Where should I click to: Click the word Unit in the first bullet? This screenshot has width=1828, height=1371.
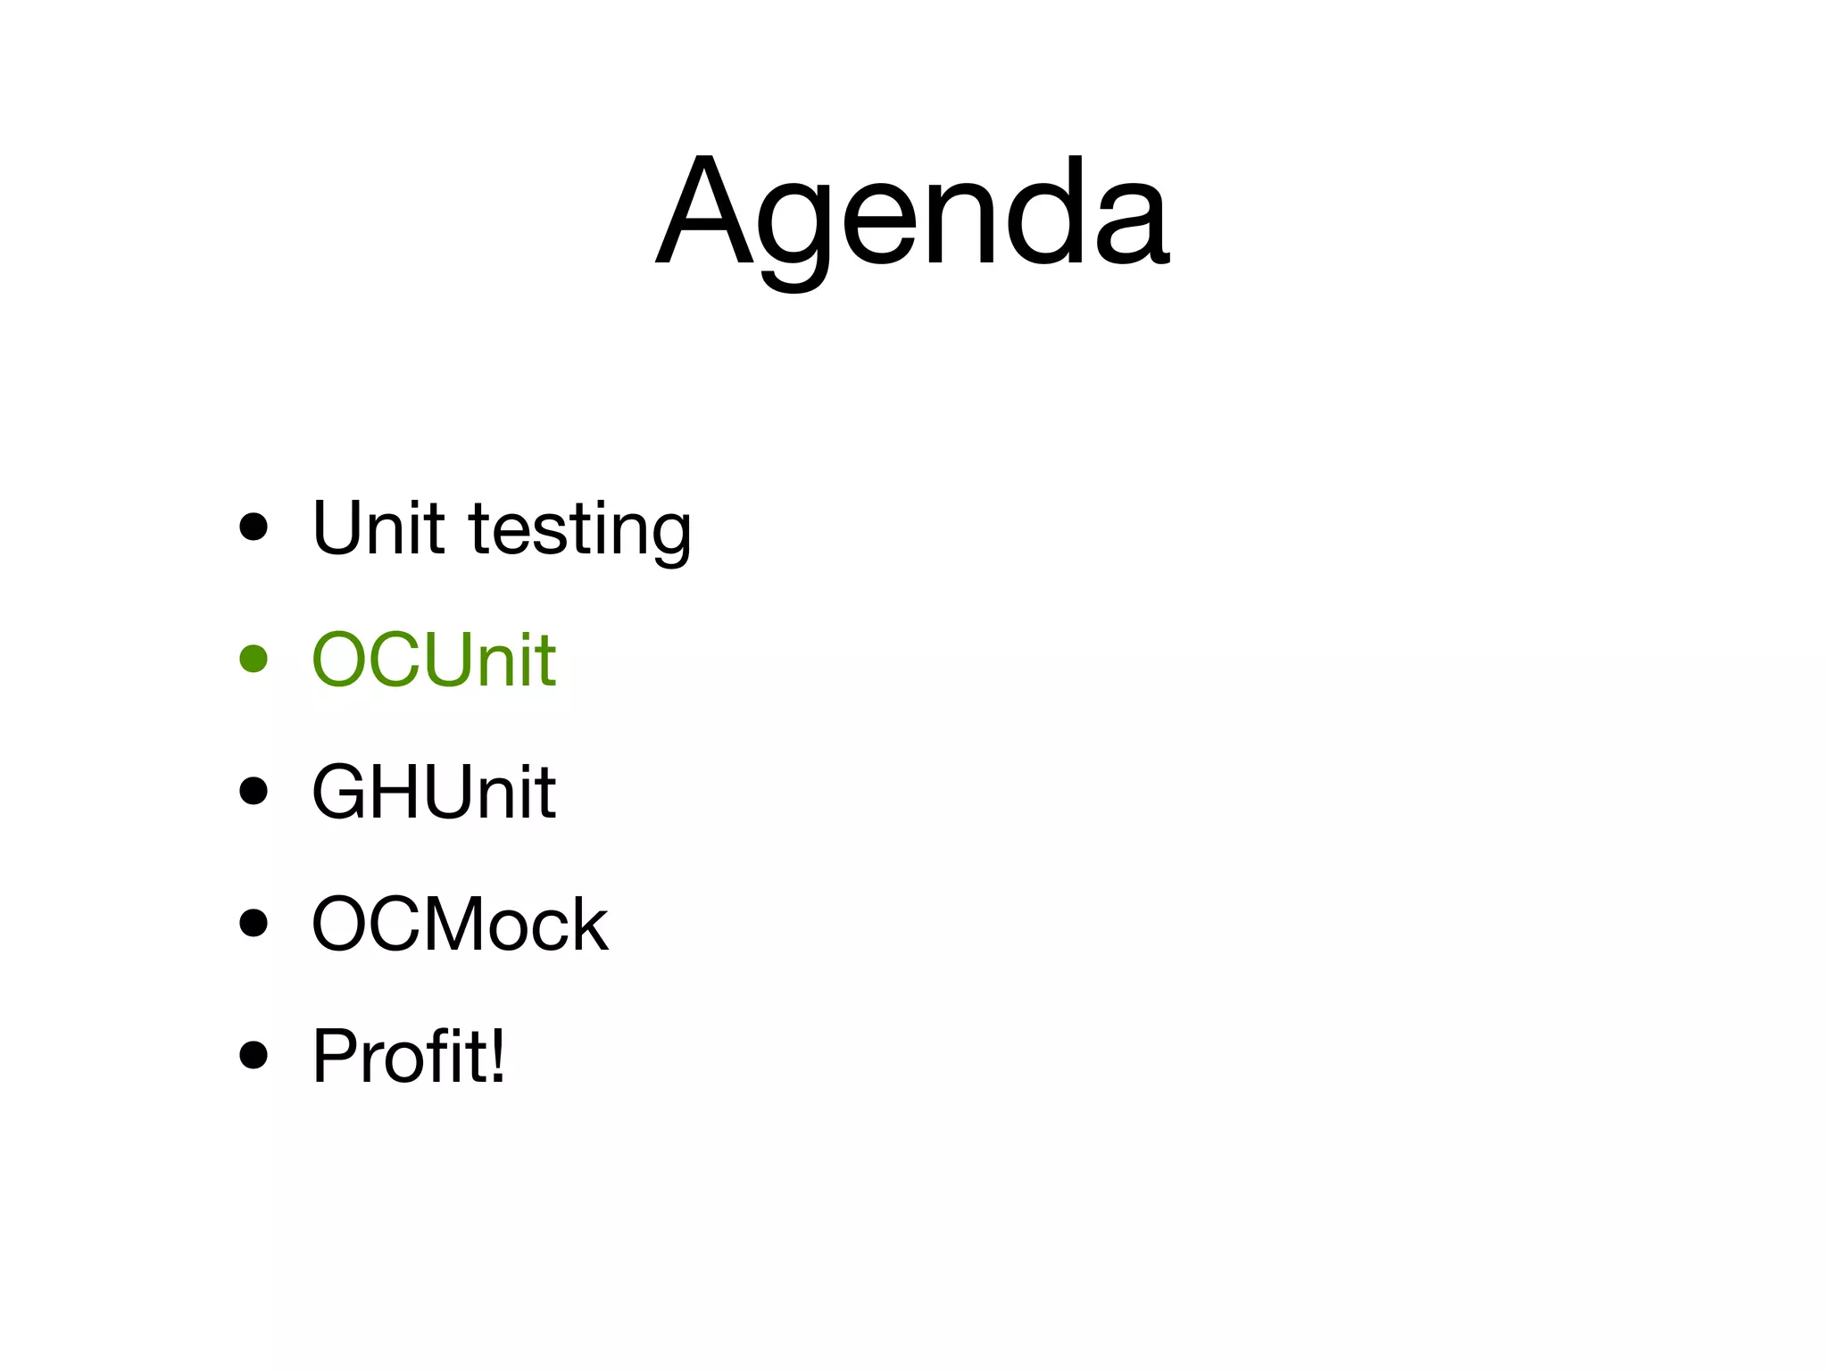point(378,528)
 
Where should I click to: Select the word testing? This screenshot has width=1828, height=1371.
point(580,531)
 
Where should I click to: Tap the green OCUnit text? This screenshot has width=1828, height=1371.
point(434,660)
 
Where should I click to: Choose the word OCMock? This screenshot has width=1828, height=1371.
point(460,924)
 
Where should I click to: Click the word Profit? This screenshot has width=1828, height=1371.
point(397,1056)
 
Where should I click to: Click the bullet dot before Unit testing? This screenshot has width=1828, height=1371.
point(253,527)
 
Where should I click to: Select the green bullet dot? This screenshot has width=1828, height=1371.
point(253,659)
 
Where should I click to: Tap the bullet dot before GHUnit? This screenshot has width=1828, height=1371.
point(253,791)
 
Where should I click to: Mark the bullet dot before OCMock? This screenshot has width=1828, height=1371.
point(253,923)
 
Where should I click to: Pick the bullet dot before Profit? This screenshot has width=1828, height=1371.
point(253,1055)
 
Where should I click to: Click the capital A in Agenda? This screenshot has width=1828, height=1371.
point(703,212)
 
